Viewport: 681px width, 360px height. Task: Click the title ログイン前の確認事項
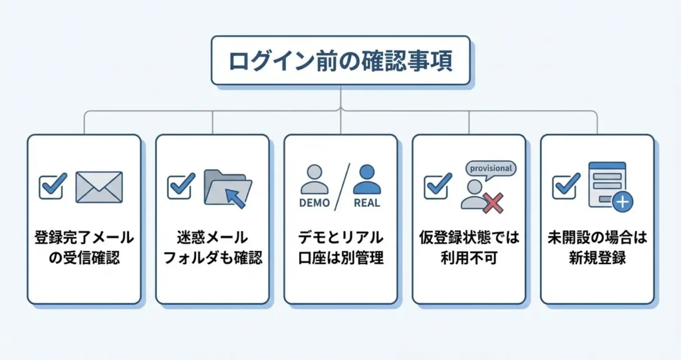(x=340, y=61)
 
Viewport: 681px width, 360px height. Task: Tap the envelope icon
(x=99, y=187)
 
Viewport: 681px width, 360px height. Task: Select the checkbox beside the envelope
(x=53, y=186)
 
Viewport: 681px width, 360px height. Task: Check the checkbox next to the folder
(x=181, y=186)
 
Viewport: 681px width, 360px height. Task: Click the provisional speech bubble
(x=491, y=169)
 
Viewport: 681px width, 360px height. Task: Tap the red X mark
(x=493, y=204)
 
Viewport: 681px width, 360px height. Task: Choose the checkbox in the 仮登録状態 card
(x=438, y=186)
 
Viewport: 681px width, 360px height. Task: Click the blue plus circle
(x=622, y=202)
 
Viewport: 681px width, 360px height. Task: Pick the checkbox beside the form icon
(x=566, y=186)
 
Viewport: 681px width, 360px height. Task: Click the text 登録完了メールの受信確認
(x=84, y=248)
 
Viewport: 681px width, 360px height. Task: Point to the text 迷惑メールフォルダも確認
(x=213, y=248)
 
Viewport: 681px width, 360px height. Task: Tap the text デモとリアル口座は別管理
(x=340, y=248)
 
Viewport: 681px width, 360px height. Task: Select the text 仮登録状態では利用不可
(x=469, y=248)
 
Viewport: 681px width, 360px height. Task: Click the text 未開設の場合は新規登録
(x=597, y=248)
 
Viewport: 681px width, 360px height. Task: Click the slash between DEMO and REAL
(x=341, y=186)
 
